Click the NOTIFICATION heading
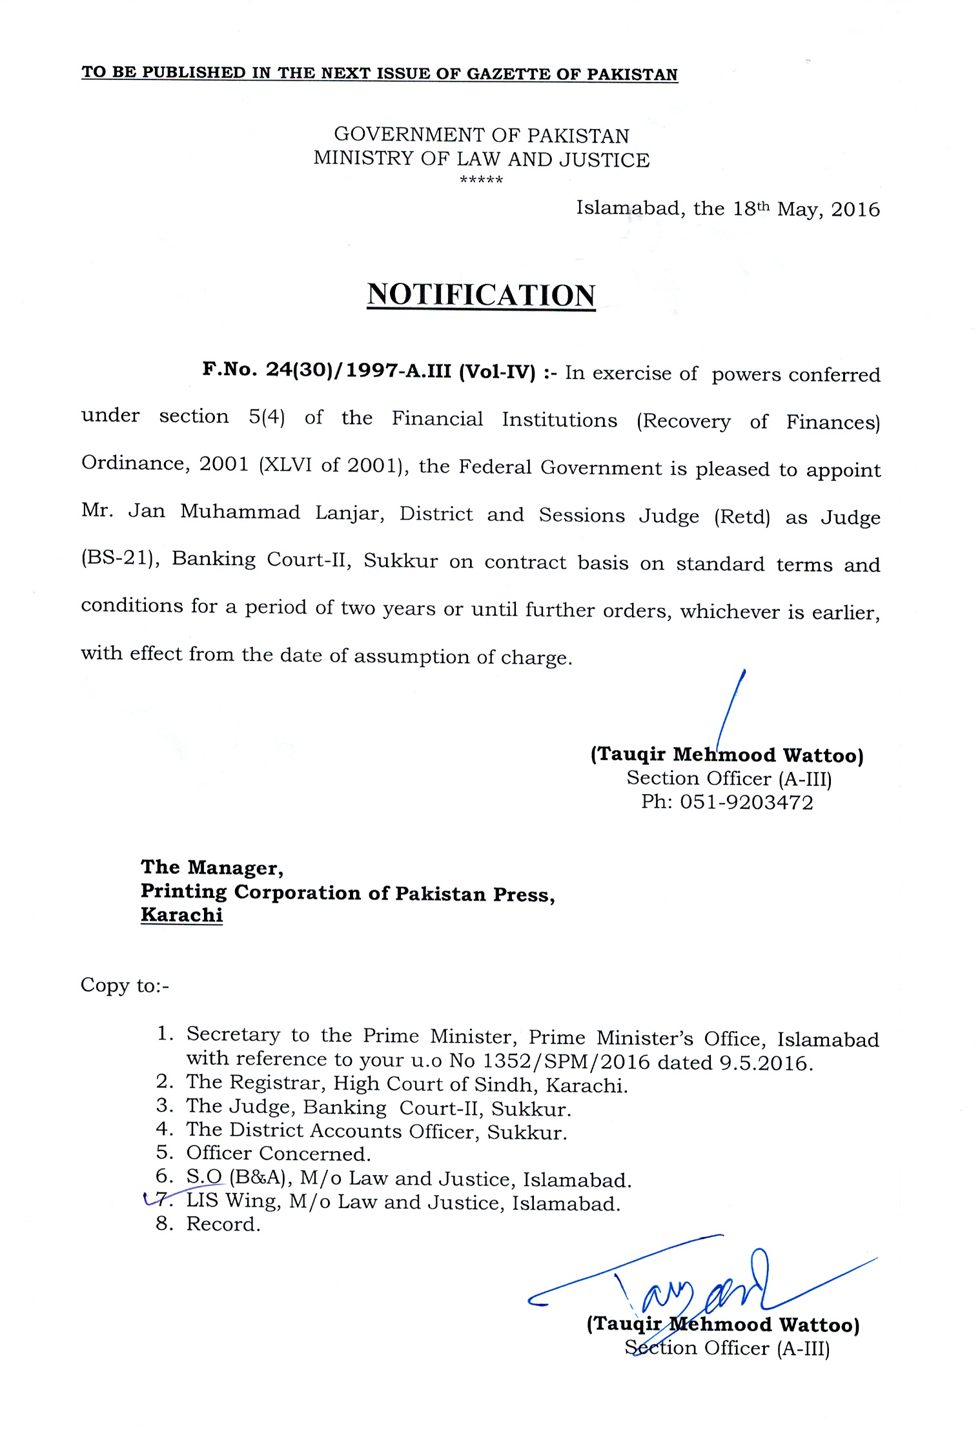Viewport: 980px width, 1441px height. click(481, 295)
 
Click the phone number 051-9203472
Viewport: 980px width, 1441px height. click(746, 802)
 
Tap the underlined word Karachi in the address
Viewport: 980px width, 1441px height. click(181, 915)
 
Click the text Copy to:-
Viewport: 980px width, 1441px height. click(125, 985)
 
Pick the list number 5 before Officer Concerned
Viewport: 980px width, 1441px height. click(164, 1152)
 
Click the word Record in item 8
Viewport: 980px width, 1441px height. click(223, 1224)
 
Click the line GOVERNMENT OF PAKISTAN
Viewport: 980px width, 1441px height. click(481, 135)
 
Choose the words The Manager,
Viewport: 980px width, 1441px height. click(212, 867)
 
